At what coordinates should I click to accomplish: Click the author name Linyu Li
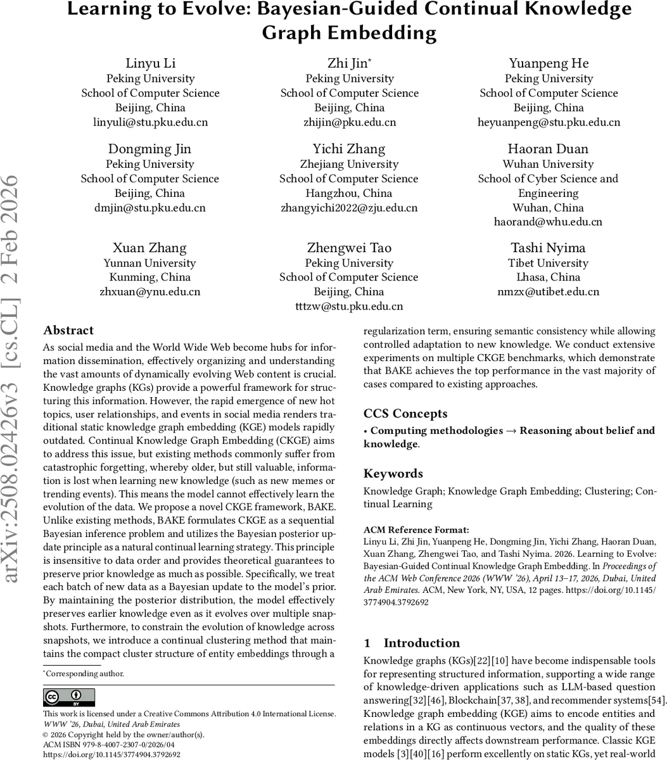pyautogui.click(x=150, y=63)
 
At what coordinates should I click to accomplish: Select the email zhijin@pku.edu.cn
pyautogui.click(x=350, y=122)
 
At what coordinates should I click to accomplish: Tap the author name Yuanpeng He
pyautogui.click(x=549, y=63)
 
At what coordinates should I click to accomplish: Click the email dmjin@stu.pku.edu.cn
pyautogui.click(x=150, y=208)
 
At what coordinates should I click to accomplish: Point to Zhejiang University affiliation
pyautogui.click(x=349, y=164)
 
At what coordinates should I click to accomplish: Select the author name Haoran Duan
pyautogui.click(x=548, y=149)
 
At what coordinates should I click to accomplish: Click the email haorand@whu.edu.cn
pyautogui.click(x=548, y=222)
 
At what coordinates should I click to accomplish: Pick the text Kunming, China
pyautogui.click(x=150, y=277)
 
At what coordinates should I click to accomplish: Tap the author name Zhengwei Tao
pyautogui.click(x=349, y=248)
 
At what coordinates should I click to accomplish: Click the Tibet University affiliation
pyautogui.click(x=548, y=263)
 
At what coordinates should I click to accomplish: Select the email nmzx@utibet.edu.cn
pyautogui.click(x=548, y=292)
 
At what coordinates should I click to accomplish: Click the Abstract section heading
pyautogui.click(x=68, y=331)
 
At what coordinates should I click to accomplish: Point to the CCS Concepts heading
pyautogui.click(x=405, y=414)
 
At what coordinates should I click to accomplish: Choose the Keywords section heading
pyautogui.click(x=393, y=474)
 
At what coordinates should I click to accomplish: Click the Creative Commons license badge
pyautogui.click(x=68, y=697)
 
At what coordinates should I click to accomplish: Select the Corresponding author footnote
pyautogui.click(x=84, y=674)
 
